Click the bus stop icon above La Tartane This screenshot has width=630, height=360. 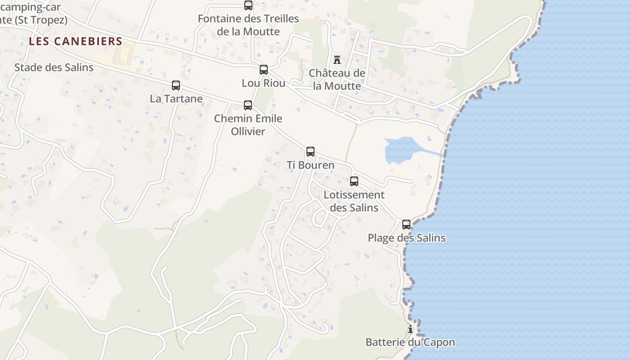pos(176,85)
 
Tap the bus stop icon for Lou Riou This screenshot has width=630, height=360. pos(264,70)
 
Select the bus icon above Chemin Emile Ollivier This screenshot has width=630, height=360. pos(248,105)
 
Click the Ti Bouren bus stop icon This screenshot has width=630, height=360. pos(310,152)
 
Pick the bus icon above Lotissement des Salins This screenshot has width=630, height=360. pos(354,181)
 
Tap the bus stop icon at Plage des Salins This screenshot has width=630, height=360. pos(406,225)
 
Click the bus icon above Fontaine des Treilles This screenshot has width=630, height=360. pos(248,5)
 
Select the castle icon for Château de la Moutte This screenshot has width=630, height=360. pos(337,59)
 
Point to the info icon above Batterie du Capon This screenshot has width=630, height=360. pos(410,329)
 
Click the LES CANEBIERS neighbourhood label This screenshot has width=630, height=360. pos(76,41)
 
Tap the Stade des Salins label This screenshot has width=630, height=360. pos(54,67)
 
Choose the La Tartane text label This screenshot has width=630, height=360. pos(176,99)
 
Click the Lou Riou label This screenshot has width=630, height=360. pos(264,83)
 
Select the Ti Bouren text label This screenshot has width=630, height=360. pos(310,165)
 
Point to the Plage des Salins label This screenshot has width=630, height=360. pos(407,238)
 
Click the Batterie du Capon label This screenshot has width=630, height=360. pos(410,342)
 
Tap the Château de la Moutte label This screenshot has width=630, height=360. pos(337,79)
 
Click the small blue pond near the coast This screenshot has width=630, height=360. pos(399,150)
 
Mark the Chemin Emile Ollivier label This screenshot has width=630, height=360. pos(248,125)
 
